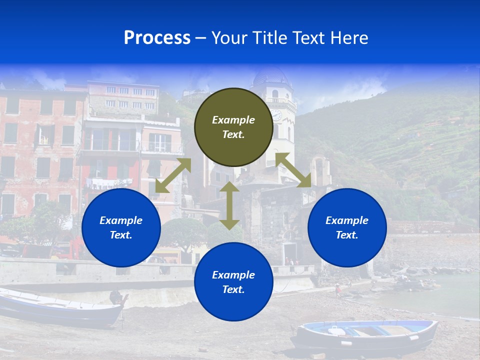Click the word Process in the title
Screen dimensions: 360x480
pyautogui.click(x=157, y=38)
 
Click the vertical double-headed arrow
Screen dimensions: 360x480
pyautogui.click(x=229, y=205)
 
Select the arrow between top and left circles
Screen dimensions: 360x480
pyautogui.click(x=173, y=175)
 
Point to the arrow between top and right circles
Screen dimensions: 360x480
pyautogui.click(x=293, y=170)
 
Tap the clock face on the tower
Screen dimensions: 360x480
pyautogui.click(x=276, y=115)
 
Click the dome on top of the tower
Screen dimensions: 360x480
pyautogui.click(x=270, y=76)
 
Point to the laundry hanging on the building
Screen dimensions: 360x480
pyautogui.click(x=107, y=182)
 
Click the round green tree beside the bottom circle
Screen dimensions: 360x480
pyautogui.click(x=183, y=233)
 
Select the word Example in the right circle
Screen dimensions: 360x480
pyautogui.click(x=346, y=220)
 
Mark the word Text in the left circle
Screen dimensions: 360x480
pyautogui.click(x=121, y=235)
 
